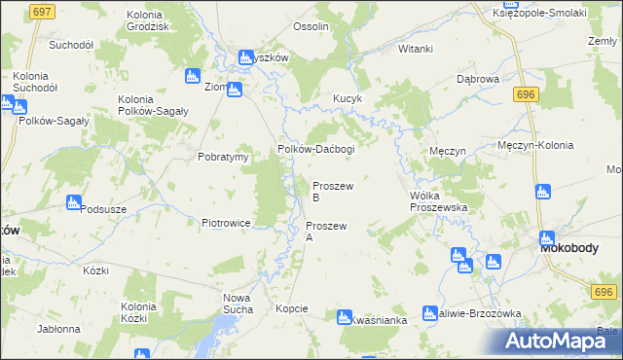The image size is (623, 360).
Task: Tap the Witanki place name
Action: pyautogui.click(x=416, y=49)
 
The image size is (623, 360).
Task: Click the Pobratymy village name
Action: pyautogui.click(x=225, y=156)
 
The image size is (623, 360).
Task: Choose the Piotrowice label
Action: pyautogui.click(x=226, y=223)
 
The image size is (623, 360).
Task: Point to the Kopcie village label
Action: pyautogui.click(x=292, y=308)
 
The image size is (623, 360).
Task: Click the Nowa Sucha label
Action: pyautogui.click(x=238, y=303)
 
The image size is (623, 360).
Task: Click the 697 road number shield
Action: pyautogui.click(x=42, y=11)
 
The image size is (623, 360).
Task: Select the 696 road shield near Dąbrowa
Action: pyautogui.click(x=527, y=93)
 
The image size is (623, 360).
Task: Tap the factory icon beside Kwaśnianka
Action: pyautogui.click(x=343, y=316)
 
